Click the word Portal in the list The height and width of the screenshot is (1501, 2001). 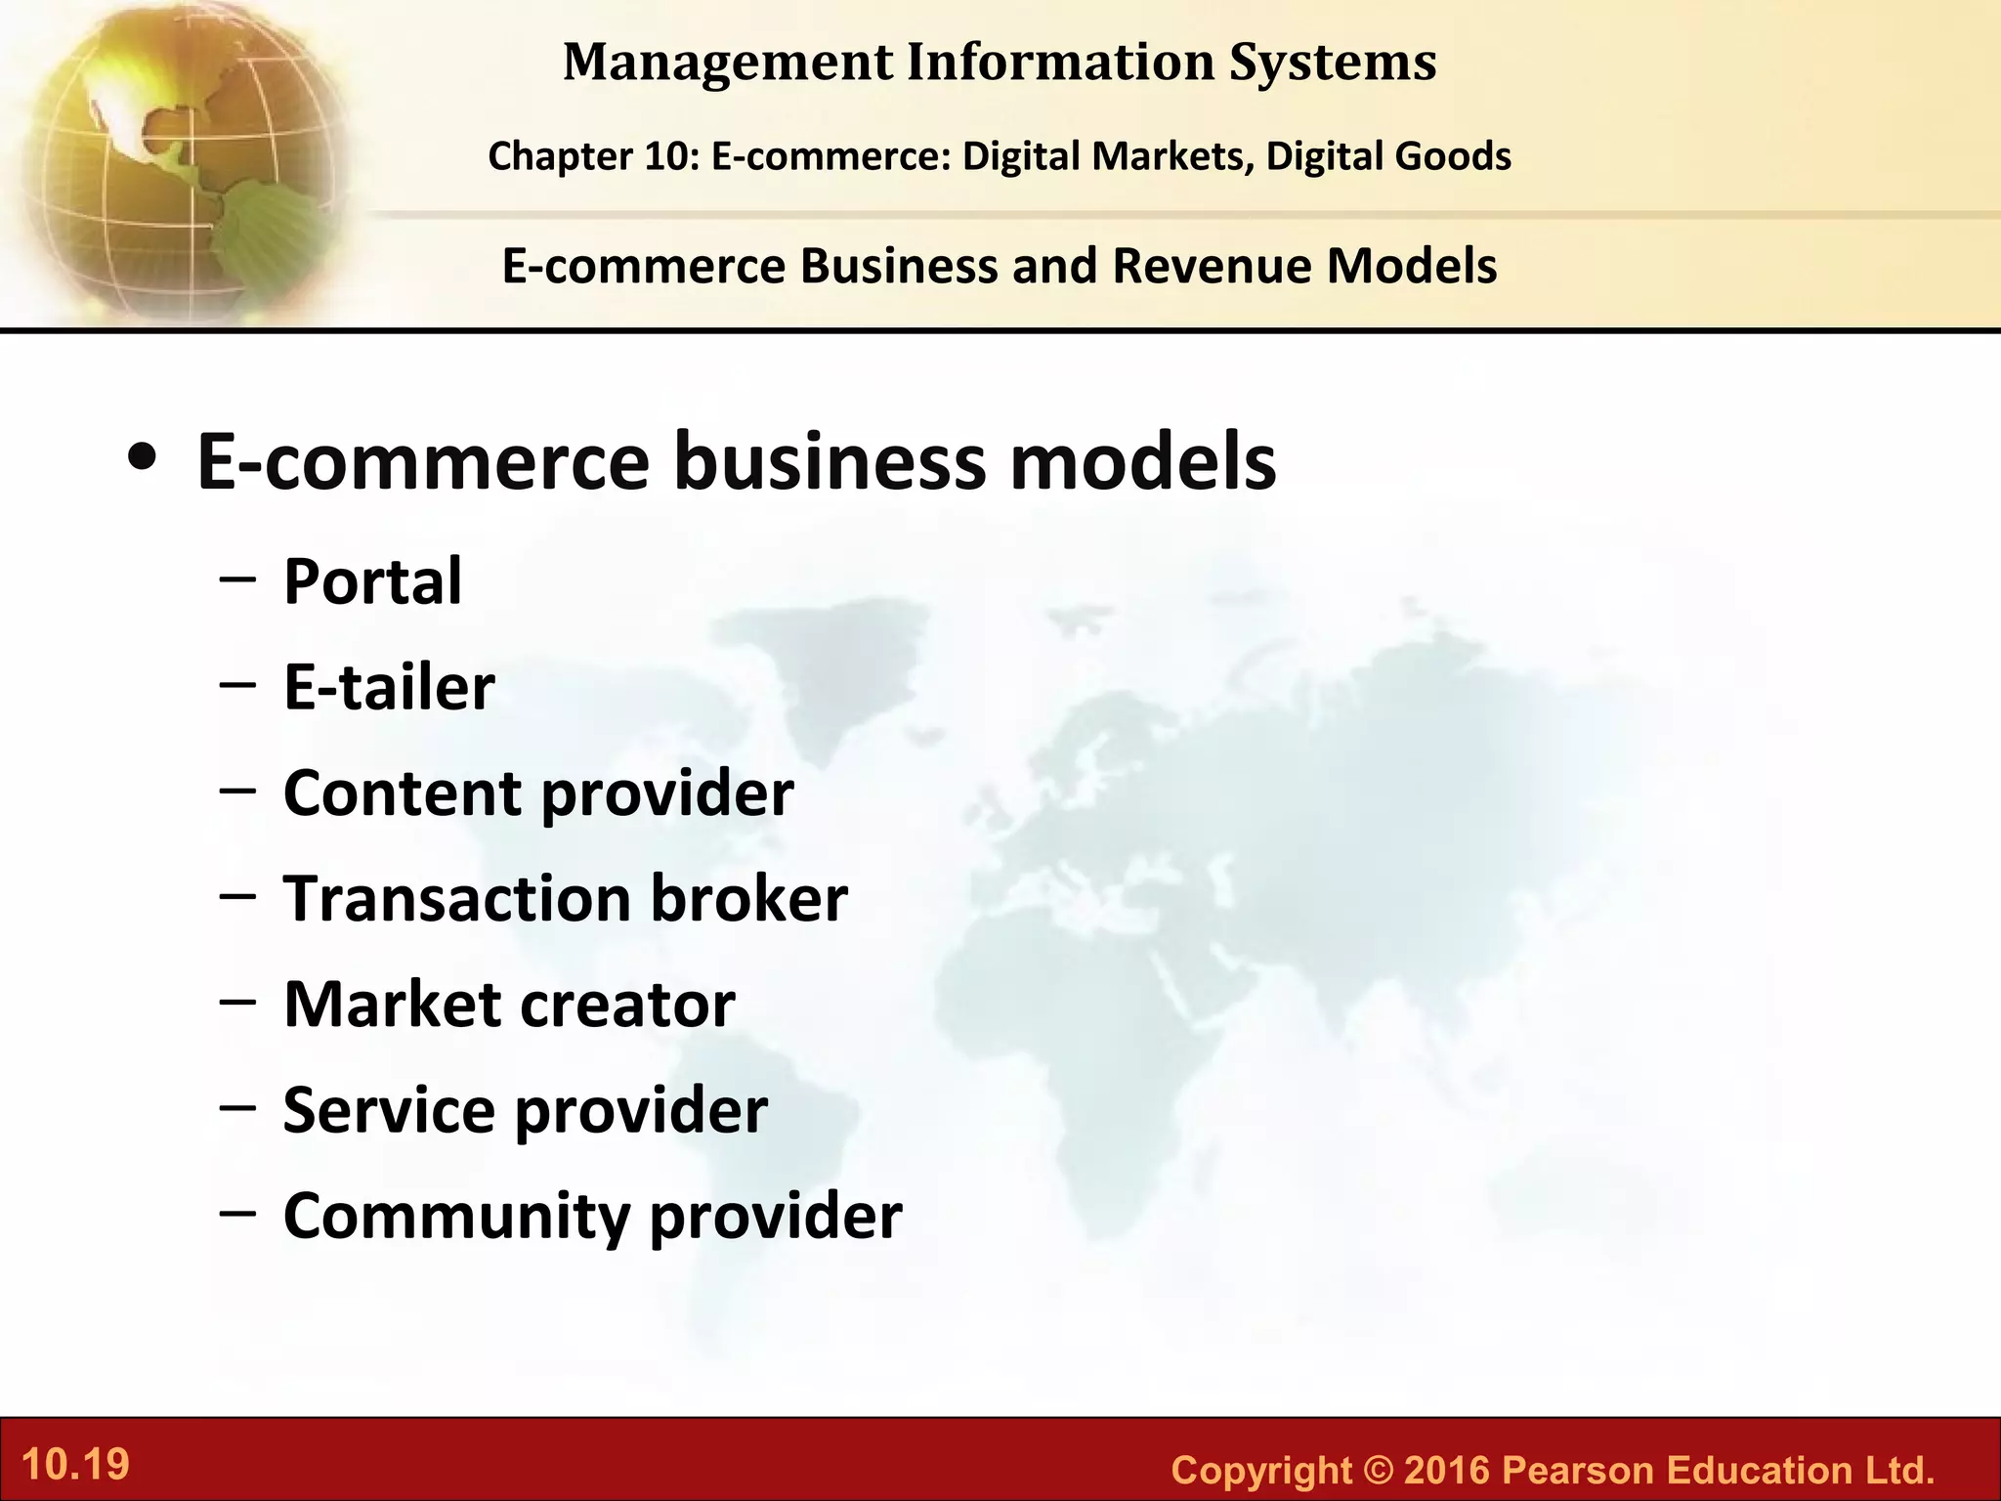coord(372,582)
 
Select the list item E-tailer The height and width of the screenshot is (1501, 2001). coord(389,687)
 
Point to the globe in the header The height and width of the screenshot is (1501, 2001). coord(176,156)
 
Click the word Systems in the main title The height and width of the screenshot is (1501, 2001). coord(1332,62)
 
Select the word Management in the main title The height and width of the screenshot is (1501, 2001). coord(728,62)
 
